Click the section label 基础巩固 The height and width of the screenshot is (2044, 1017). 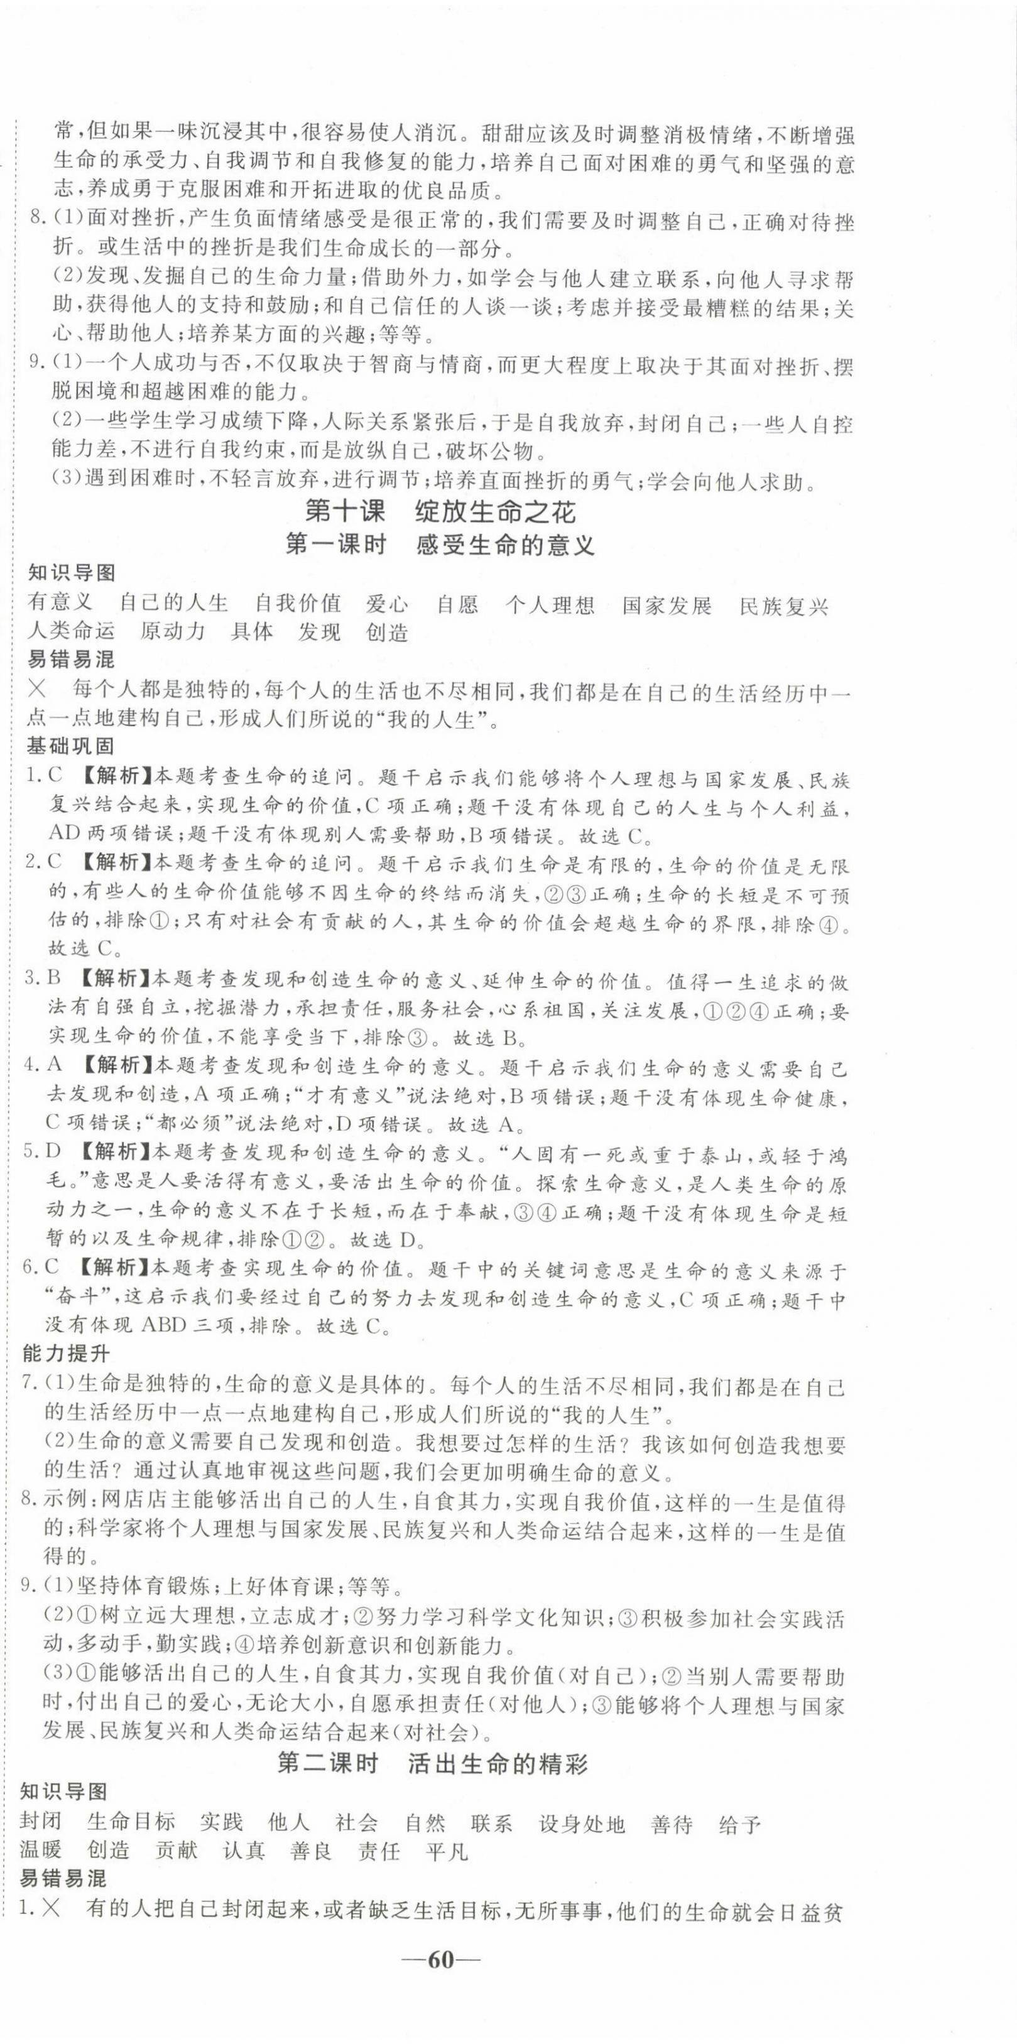tap(70, 746)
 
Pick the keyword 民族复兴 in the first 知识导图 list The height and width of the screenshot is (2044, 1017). tap(784, 606)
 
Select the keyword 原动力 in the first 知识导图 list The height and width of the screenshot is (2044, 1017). tap(172, 633)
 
